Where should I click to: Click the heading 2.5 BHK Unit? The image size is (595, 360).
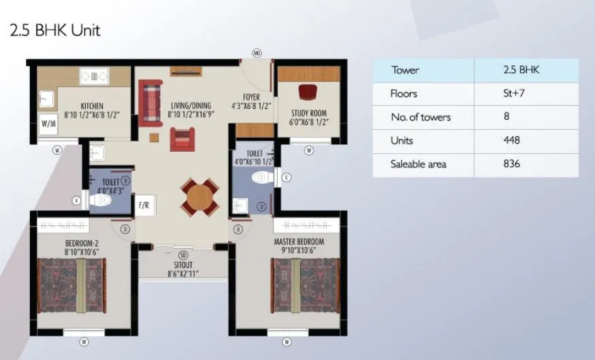(x=54, y=31)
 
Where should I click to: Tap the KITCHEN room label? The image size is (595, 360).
(x=92, y=106)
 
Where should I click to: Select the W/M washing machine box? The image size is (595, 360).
(x=48, y=125)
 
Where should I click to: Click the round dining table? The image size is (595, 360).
(x=199, y=197)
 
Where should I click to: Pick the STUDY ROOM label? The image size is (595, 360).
(x=310, y=113)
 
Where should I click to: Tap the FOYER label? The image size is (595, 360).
(x=252, y=97)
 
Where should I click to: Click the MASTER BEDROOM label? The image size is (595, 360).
(x=299, y=242)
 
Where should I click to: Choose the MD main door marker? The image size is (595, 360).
(x=257, y=52)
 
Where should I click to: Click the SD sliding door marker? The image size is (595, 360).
(x=183, y=255)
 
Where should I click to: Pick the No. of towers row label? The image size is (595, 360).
(x=421, y=117)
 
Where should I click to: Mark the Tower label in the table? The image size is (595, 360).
(x=405, y=70)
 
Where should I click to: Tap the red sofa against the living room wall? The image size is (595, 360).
(x=150, y=103)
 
